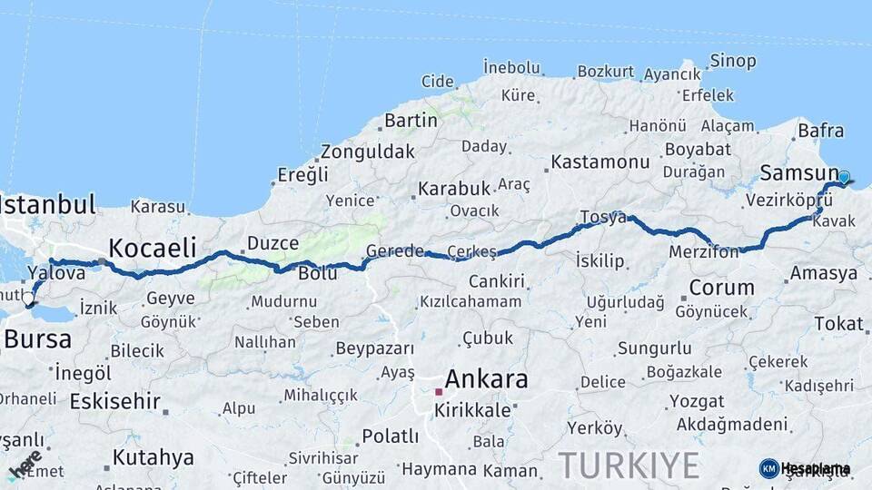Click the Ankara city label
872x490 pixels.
[486, 379]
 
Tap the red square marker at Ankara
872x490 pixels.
[438, 392]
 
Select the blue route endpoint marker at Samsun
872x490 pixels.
[844, 178]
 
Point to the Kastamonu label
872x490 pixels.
[600, 162]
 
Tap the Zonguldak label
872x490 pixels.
[367, 152]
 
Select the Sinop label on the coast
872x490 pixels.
[732, 61]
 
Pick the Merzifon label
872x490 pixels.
[704, 251]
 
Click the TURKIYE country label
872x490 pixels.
[629, 465]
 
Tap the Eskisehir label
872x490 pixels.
[115, 400]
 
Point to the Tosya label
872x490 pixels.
[603, 218]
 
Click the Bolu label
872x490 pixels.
[318, 273]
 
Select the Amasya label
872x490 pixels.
[824, 273]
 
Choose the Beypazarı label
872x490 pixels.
[375, 348]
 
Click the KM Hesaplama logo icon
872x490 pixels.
[769, 468]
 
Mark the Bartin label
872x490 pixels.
[411, 120]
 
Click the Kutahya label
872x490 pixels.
[153, 456]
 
